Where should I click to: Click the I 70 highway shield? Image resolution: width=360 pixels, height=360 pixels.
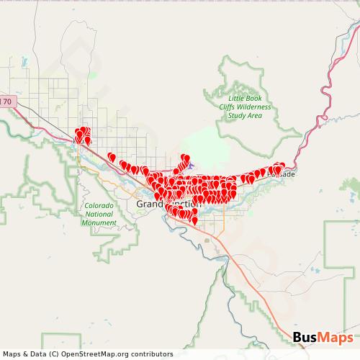6,102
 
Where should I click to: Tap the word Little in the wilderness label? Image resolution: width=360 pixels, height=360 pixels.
238,98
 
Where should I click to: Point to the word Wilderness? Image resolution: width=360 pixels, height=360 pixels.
256,107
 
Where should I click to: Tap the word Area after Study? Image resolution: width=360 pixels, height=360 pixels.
253,115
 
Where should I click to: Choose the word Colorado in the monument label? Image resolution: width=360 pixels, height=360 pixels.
100,207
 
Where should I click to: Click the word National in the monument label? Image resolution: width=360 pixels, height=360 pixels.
100,215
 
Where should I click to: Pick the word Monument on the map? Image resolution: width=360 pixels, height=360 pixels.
100,222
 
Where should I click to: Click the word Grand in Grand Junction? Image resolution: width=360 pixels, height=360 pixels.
147,204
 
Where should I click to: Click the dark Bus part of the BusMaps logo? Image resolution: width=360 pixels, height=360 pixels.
306,338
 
